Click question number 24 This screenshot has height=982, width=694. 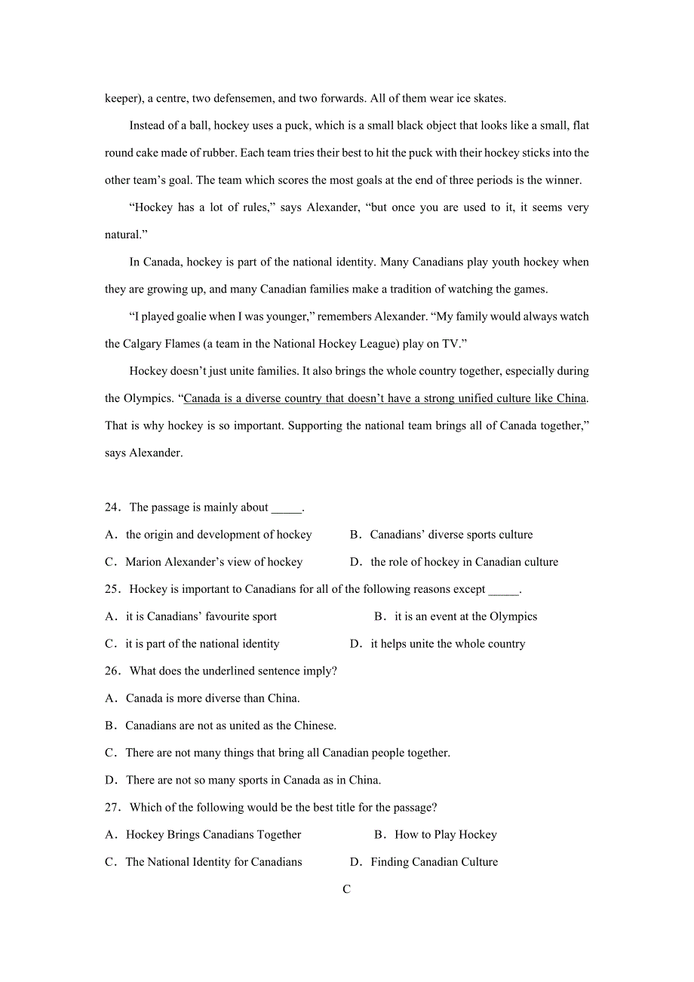(112, 508)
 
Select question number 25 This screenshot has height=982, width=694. (112, 589)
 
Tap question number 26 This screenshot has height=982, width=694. (112, 671)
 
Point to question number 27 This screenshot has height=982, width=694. (112, 808)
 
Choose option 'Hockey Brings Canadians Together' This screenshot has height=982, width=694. (213, 835)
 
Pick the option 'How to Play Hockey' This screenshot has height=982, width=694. (446, 835)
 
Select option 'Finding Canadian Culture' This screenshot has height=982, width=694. (434, 862)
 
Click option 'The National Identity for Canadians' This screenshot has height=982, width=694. (213, 862)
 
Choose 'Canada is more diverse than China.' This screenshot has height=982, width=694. (212, 698)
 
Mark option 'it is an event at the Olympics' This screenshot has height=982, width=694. (465, 617)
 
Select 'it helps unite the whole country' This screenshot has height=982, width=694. (447, 644)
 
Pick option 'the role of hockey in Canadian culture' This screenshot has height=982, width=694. (464, 562)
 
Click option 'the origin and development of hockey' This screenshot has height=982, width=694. (219, 535)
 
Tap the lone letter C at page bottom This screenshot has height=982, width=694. (346, 889)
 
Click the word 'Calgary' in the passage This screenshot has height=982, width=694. (143, 344)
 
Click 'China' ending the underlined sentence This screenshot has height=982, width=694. (571, 398)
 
